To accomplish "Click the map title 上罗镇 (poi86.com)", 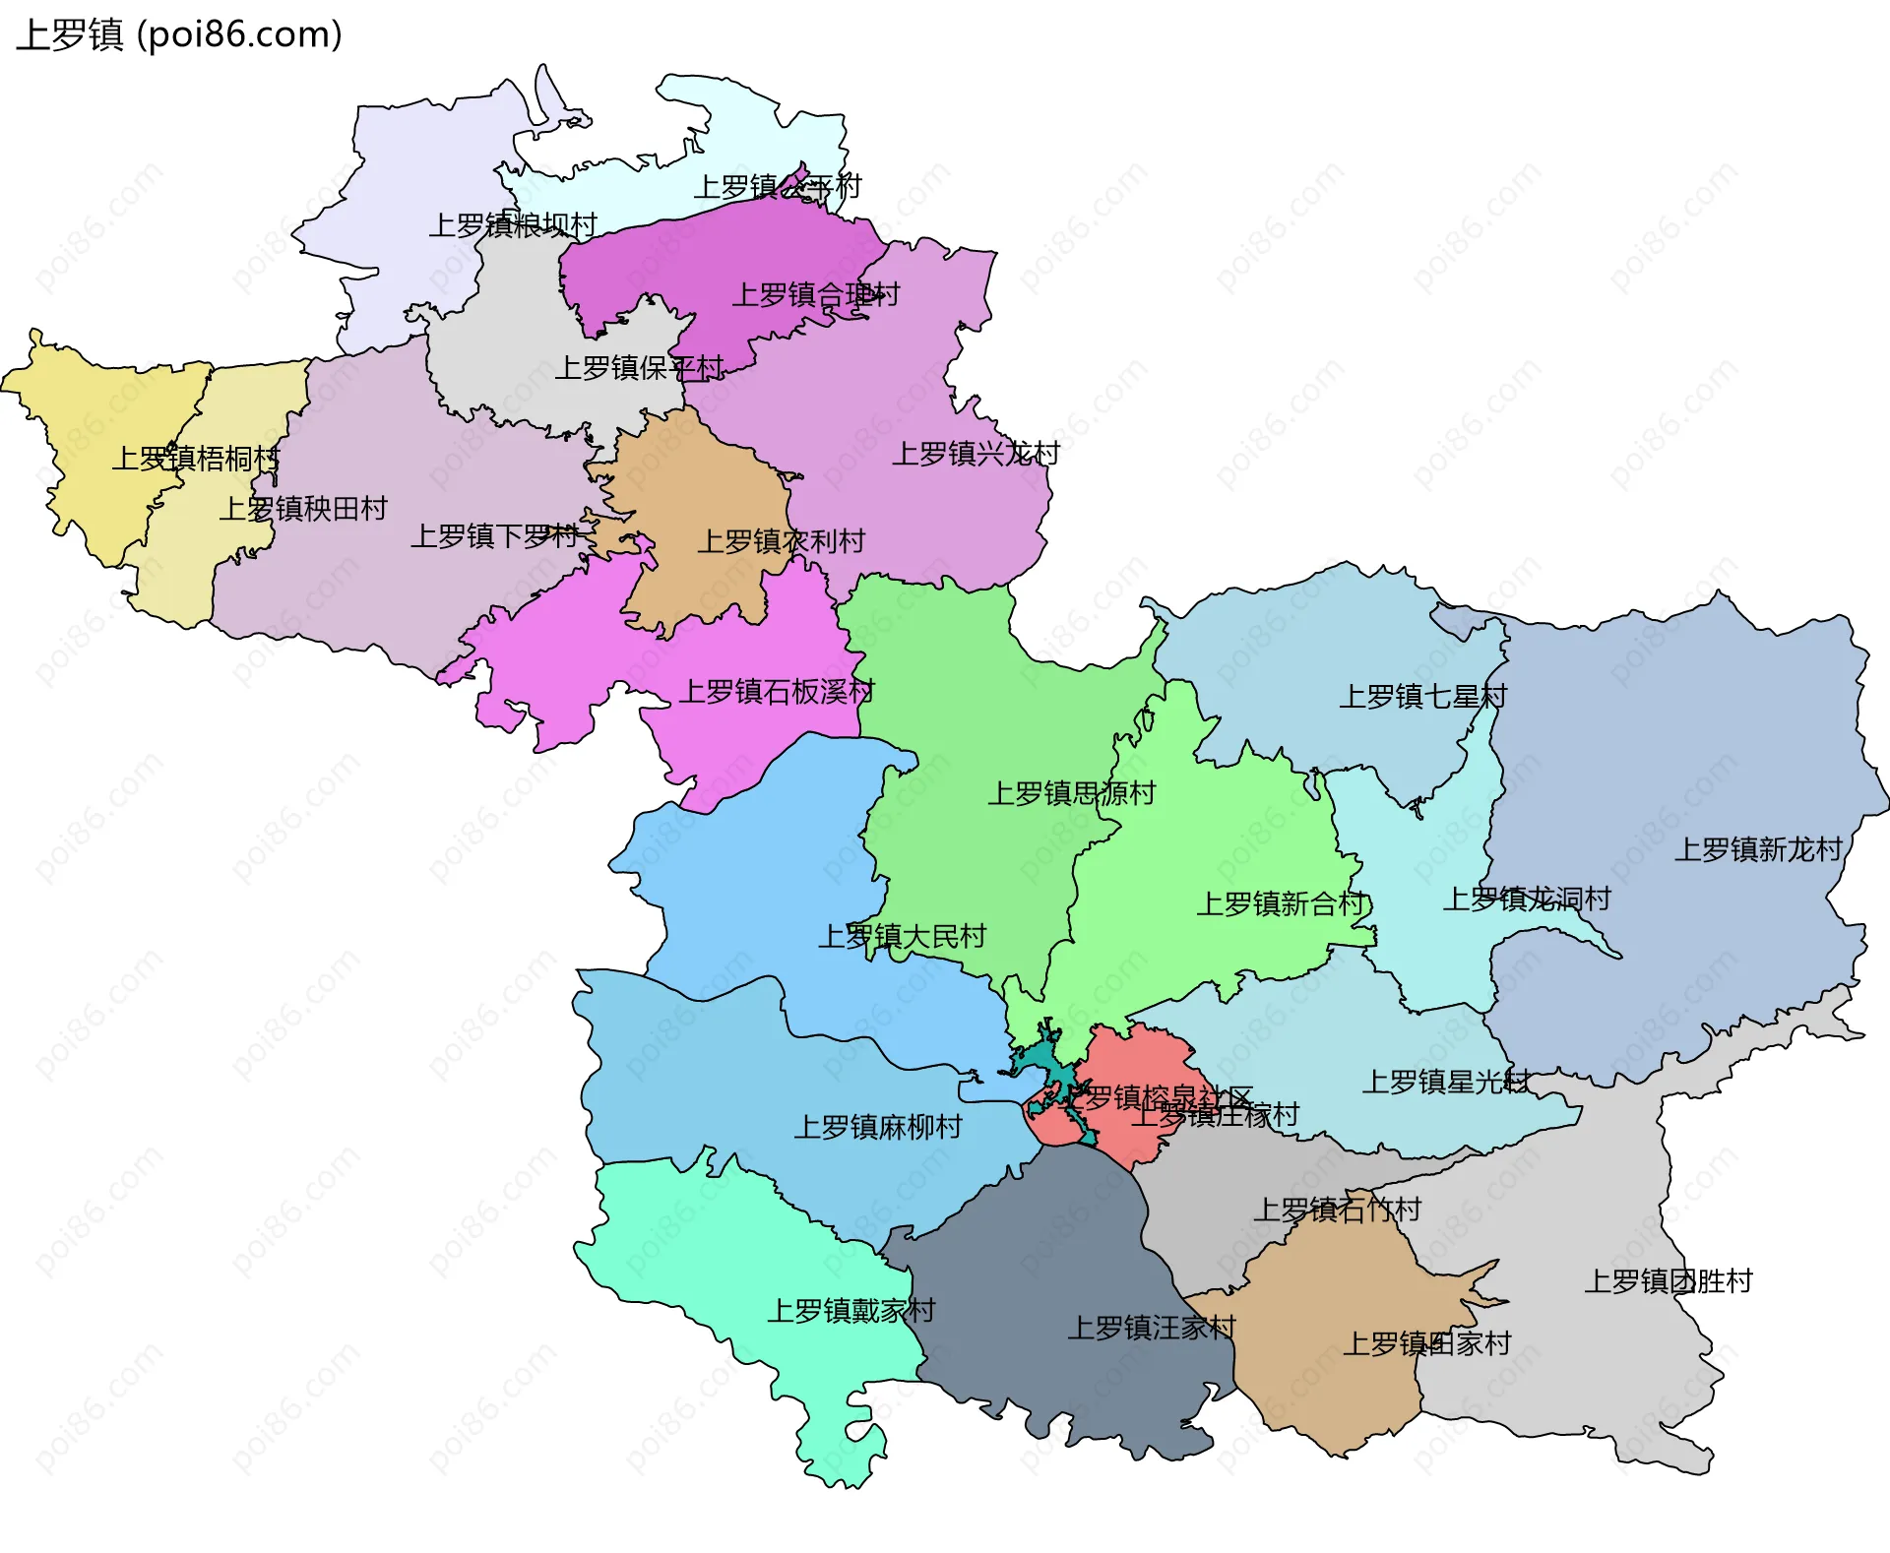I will pos(179,34).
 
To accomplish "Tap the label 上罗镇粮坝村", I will pos(513,225).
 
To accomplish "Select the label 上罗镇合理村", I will pos(815,294).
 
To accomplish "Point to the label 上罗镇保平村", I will pos(639,368).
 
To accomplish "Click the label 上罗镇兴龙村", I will pos(976,454).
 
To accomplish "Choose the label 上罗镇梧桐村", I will pos(195,459).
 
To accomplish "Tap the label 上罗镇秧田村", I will pos(303,509).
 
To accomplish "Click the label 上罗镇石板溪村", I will pos(777,692).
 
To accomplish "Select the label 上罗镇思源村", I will pos(1071,793).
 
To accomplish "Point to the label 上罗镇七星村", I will pos(1422,697).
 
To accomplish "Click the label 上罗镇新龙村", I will pos(1758,849).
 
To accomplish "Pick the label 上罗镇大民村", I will pos(902,936).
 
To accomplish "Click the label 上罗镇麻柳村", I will pos(878,1127).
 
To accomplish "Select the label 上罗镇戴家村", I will pos(850,1311).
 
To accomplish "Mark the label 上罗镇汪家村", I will pos(1152,1328).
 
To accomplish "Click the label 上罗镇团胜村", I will pos(1669,1281).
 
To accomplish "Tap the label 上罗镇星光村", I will pos(1445,1083).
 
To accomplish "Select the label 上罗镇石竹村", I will pos(1337,1210).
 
